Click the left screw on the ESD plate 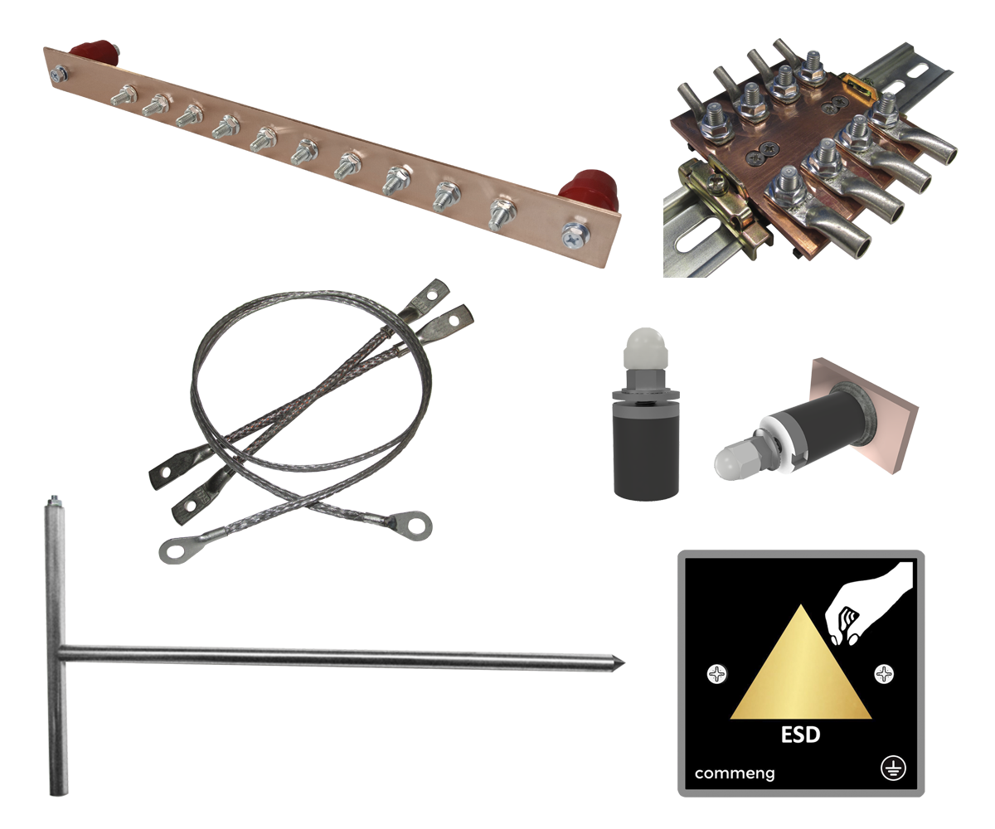tap(717, 674)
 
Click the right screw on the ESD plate tap(884, 674)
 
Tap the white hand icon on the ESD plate tap(867, 605)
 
